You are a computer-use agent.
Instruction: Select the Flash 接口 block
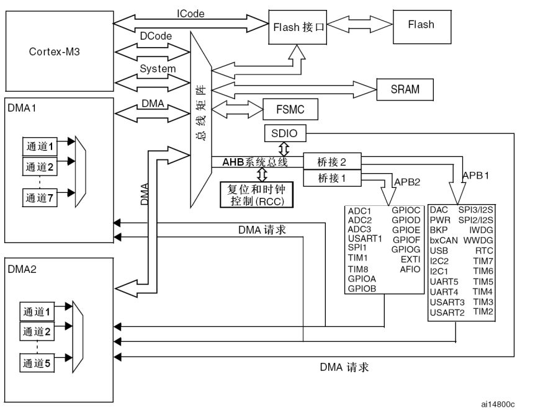click(x=297, y=27)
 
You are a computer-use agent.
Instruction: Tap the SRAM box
click(x=405, y=89)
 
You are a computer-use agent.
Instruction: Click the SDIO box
click(x=284, y=133)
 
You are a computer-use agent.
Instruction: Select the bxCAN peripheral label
click(x=443, y=240)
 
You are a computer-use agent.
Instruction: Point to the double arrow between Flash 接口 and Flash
click(x=359, y=27)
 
